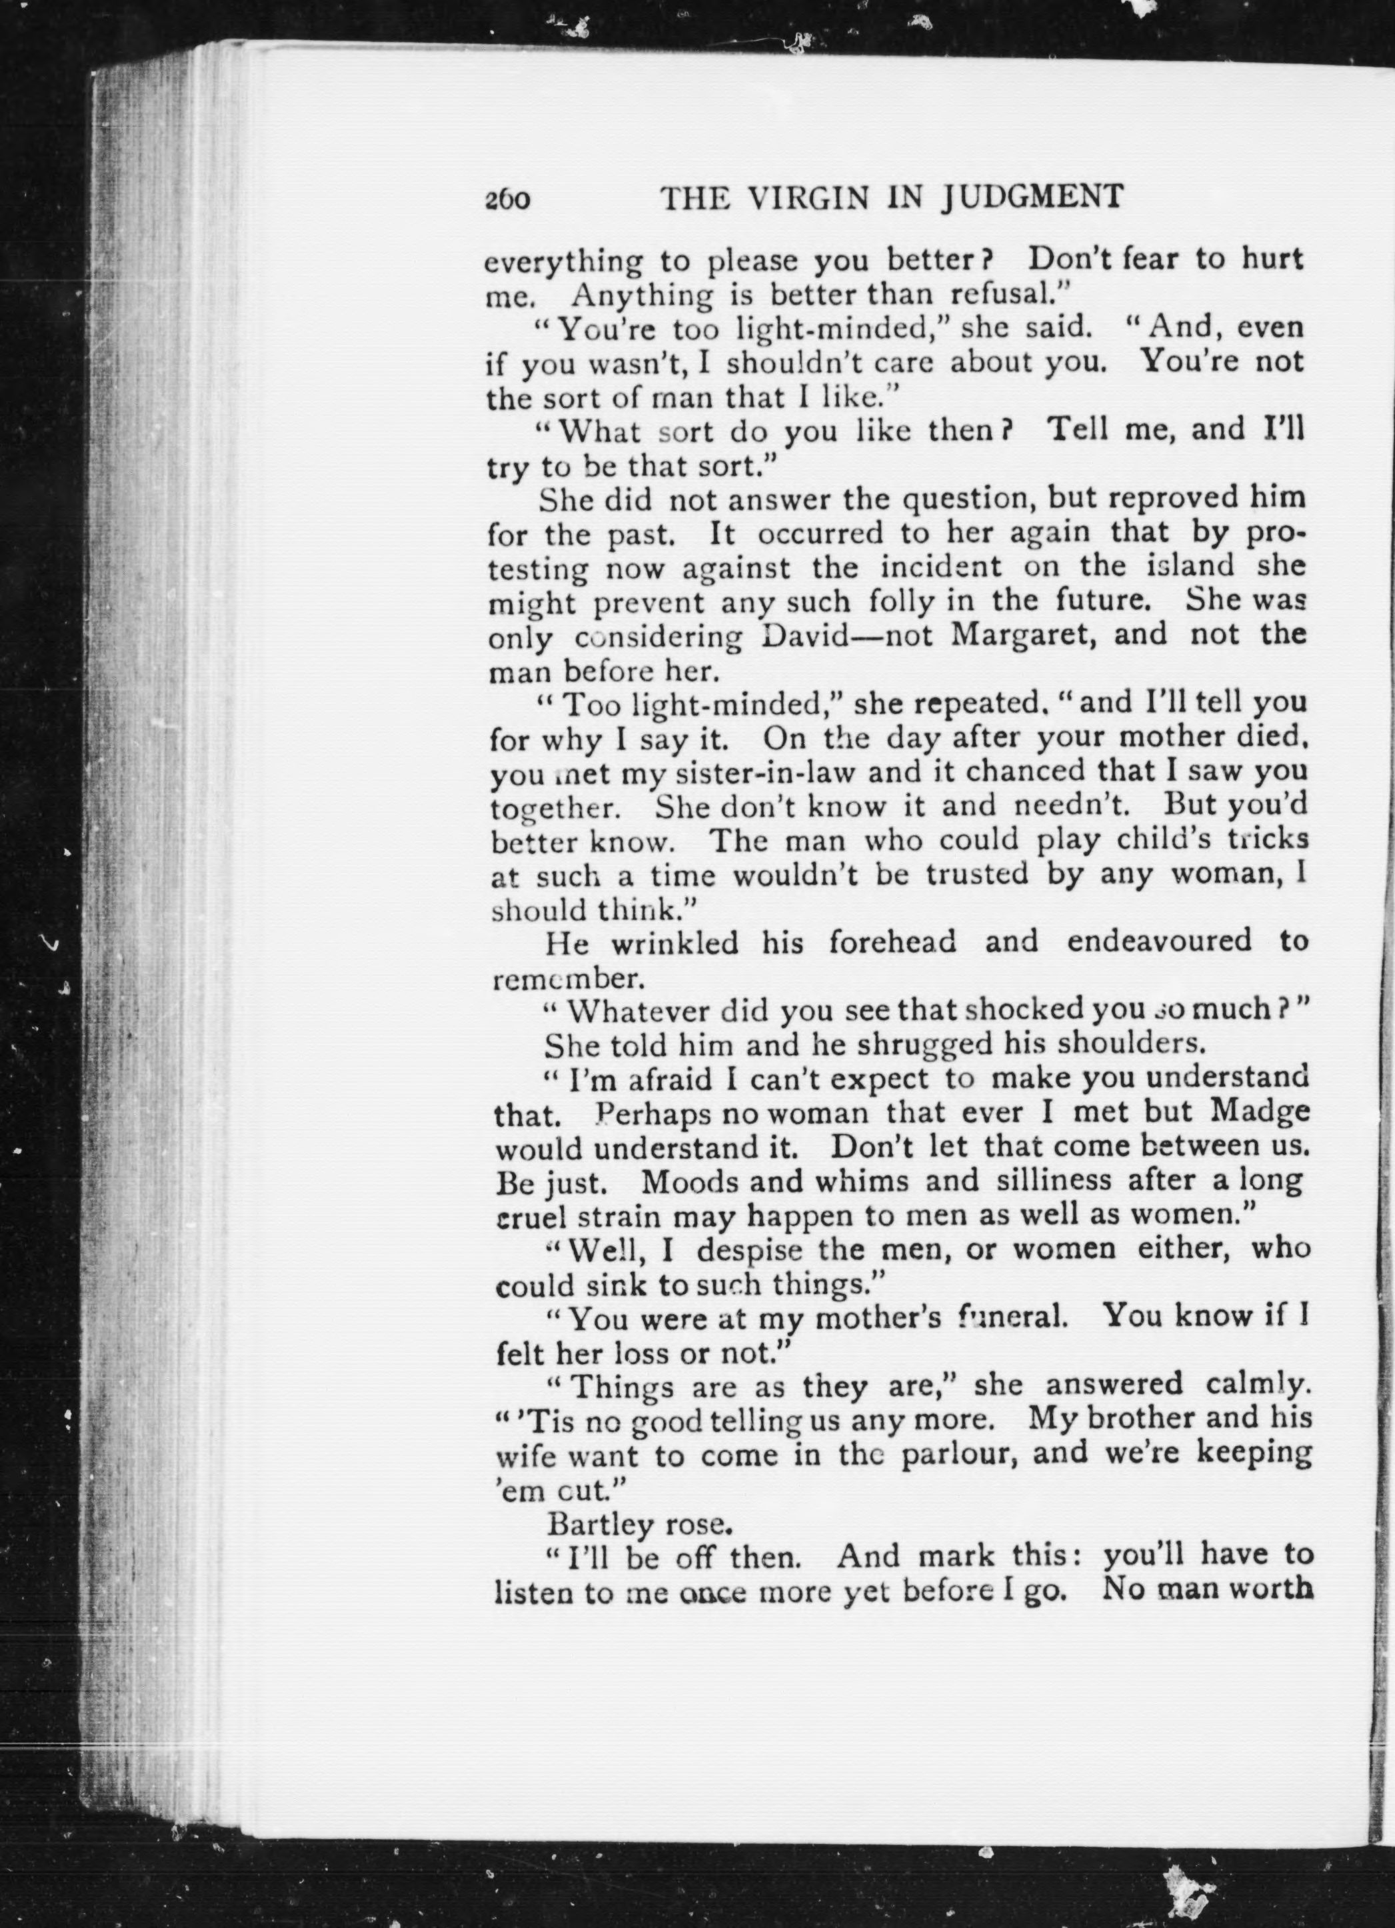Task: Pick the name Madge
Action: point(1260,1113)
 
